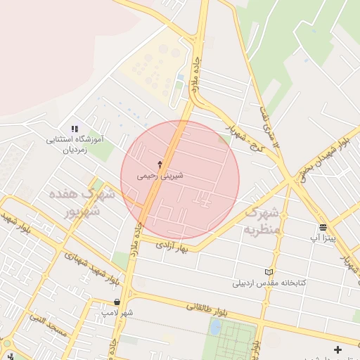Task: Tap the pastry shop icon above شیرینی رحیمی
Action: [x=160, y=165]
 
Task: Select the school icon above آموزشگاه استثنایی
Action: [x=75, y=128]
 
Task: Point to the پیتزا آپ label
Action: [x=324, y=238]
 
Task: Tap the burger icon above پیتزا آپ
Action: [x=323, y=226]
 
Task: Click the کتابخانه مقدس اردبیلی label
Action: [x=271, y=284]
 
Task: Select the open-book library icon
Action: [x=268, y=272]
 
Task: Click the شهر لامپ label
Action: [x=117, y=311]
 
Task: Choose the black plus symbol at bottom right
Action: [x=338, y=349]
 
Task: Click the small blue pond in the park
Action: [x=215, y=327]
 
